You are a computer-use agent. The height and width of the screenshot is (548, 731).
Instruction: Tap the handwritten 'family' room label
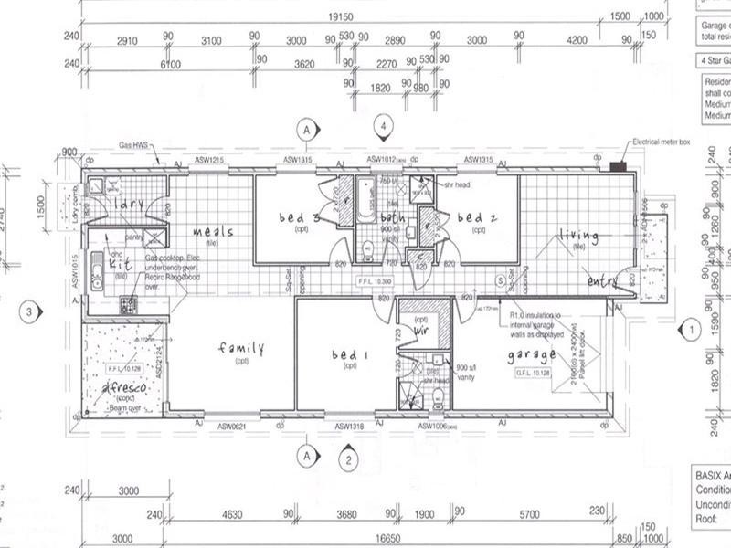click(240, 349)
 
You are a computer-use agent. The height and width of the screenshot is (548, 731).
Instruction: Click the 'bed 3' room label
click(299, 218)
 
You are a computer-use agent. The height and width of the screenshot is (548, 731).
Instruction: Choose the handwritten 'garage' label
click(533, 355)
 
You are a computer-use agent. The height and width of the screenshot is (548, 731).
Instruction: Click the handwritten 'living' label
click(578, 237)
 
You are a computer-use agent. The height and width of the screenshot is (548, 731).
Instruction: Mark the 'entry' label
click(604, 281)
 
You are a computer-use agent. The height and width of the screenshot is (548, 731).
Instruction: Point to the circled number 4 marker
click(387, 125)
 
